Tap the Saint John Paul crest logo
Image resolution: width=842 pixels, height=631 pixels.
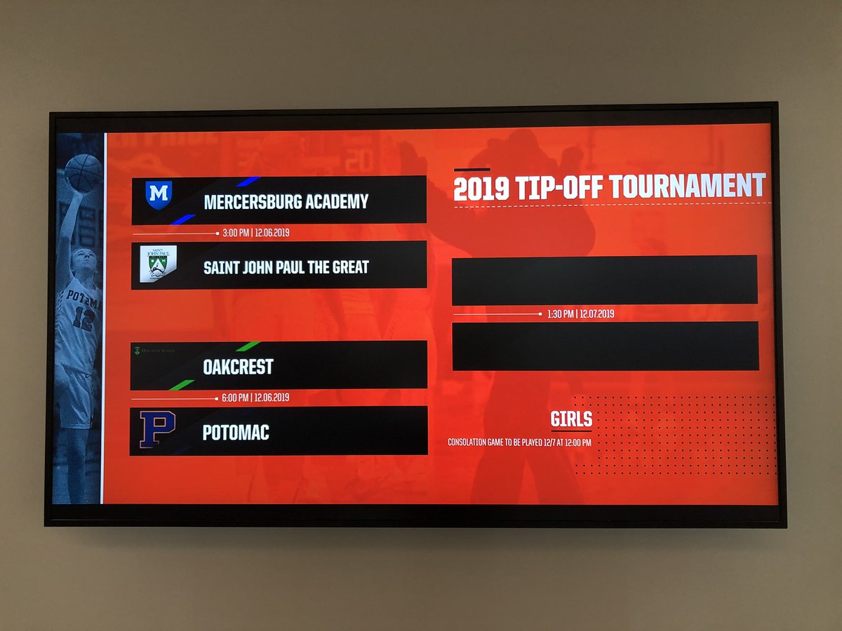pyautogui.click(x=158, y=264)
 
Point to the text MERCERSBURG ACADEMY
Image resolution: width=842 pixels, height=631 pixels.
pyautogui.click(x=286, y=202)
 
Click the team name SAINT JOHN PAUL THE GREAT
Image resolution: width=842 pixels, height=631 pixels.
pyautogui.click(x=286, y=267)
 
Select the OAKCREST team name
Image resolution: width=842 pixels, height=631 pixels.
pyautogui.click(x=238, y=367)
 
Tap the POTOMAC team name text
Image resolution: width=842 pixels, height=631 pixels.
pyautogui.click(x=236, y=433)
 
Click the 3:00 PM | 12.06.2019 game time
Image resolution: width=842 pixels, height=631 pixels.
pyautogui.click(x=256, y=233)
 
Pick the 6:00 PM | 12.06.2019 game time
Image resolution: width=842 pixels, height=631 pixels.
pyautogui.click(x=255, y=398)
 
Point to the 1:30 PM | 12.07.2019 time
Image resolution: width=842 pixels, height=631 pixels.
pyautogui.click(x=580, y=314)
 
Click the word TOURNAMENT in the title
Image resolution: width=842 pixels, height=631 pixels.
pyautogui.click(x=687, y=187)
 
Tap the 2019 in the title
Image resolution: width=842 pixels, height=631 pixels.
pyautogui.click(x=481, y=189)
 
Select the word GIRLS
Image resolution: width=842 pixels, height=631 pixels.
pyautogui.click(x=571, y=419)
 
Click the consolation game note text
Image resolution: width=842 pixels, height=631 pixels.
pyautogui.click(x=519, y=442)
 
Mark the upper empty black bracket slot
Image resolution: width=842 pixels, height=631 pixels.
pyautogui.click(x=604, y=280)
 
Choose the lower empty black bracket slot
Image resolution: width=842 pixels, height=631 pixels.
pyautogui.click(x=605, y=346)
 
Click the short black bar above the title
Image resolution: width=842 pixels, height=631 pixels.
pyautogui.click(x=472, y=170)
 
